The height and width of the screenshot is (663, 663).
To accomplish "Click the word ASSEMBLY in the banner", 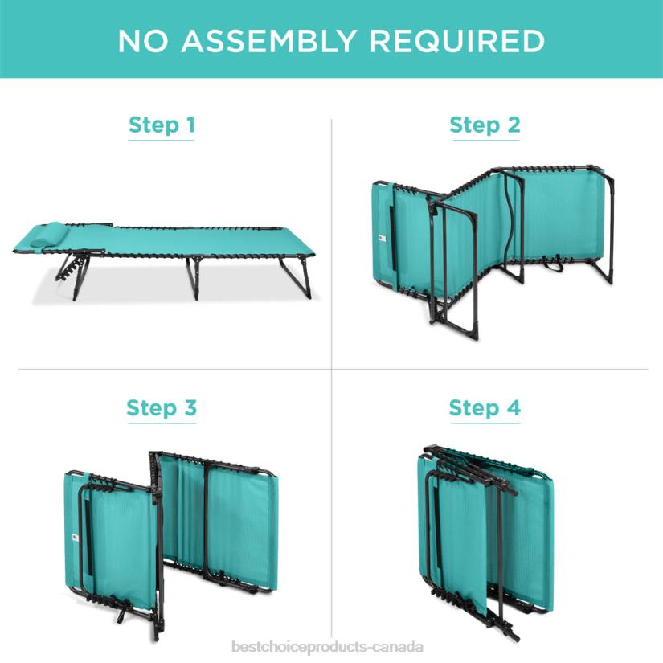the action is coord(268,41).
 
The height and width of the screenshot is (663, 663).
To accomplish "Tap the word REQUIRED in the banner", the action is coord(457,41).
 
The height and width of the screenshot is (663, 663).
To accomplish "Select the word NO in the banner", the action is coord(143,41).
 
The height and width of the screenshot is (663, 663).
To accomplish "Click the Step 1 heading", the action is coord(162,125).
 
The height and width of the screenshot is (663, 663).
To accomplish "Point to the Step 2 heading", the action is coord(485,125).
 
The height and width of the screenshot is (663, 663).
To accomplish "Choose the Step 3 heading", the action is coord(162,408).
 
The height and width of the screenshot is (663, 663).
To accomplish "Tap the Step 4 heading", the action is coord(485,408).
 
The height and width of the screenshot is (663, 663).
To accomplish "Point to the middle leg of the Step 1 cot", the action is coord(194,278).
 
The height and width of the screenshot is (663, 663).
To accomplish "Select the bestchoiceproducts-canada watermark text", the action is coord(328,648).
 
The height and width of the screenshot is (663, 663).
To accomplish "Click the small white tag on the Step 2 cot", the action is coord(382,239).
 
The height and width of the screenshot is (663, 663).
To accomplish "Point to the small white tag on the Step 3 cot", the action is coord(74,538).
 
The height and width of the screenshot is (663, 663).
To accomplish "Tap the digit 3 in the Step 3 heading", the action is coord(190,407).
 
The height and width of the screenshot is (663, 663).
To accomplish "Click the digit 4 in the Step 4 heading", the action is coord(514,407).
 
